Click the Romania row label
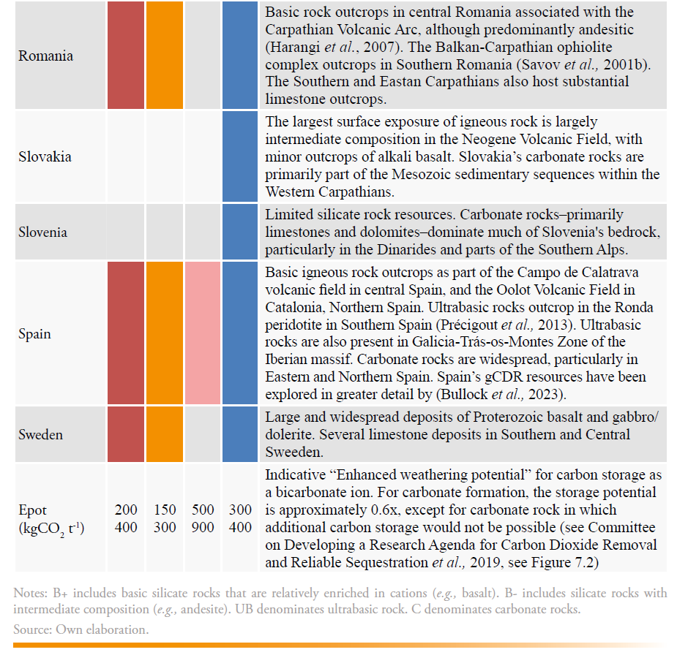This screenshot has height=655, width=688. (x=45, y=56)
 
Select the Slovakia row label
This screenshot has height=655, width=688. (x=45, y=157)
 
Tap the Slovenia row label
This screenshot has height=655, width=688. (x=42, y=232)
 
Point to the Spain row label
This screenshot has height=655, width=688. (x=34, y=334)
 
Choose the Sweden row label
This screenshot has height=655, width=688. (x=40, y=435)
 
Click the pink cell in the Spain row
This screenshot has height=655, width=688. (x=203, y=333)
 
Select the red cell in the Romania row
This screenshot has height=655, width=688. (x=126, y=56)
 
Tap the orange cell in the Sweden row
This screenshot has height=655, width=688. (x=165, y=434)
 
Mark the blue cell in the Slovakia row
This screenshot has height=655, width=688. (x=240, y=156)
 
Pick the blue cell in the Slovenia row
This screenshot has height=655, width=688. (x=240, y=232)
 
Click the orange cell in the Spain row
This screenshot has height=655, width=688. (x=165, y=333)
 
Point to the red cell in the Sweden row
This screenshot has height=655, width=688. (x=126, y=434)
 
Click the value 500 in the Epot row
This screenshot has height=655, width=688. (x=203, y=510)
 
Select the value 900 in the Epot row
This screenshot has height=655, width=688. (x=203, y=528)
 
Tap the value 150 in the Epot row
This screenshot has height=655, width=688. (x=165, y=510)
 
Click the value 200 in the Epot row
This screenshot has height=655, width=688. (x=126, y=510)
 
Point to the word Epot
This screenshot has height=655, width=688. (x=32, y=511)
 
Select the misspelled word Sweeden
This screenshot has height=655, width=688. (x=293, y=453)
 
